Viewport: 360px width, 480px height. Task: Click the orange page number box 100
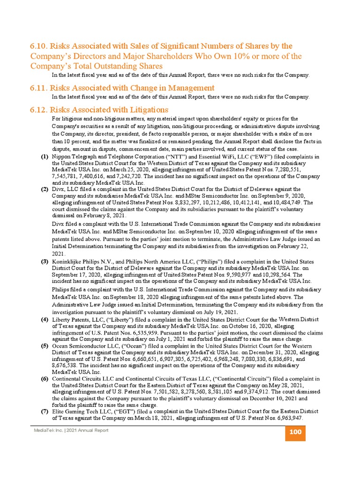[295, 432]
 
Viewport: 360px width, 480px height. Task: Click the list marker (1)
[45, 157]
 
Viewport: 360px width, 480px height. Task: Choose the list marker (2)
[45, 189]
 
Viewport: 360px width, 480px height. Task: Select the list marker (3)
[45, 261]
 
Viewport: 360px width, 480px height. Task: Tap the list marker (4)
[45, 320]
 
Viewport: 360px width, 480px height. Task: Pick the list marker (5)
[45, 346]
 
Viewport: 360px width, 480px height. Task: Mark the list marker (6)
[45, 378]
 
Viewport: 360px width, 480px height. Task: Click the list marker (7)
[45, 411]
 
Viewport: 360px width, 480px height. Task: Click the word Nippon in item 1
[61, 157]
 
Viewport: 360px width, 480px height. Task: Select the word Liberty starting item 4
[61, 320]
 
